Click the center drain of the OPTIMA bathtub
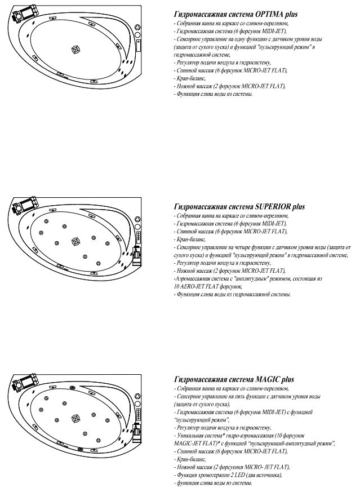click(76, 50)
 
